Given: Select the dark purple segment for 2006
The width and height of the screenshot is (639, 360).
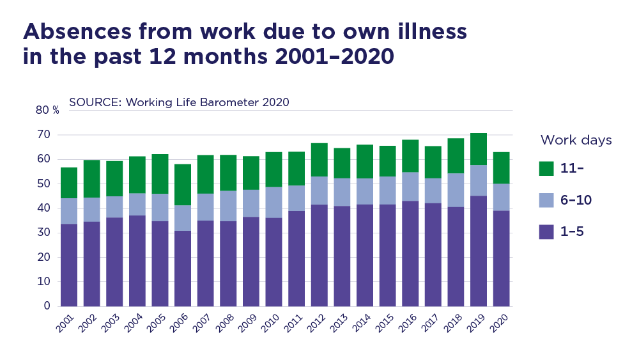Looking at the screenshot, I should [x=183, y=269].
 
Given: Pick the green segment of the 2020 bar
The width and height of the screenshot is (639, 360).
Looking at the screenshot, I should [x=502, y=168].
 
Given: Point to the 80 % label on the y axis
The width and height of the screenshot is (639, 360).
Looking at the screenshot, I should [x=47, y=110].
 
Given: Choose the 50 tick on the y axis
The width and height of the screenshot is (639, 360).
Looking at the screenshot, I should [x=43, y=184].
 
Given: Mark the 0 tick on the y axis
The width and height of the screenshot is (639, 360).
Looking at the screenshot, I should [x=47, y=306].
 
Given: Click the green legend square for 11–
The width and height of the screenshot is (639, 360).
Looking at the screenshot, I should [x=546, y=168].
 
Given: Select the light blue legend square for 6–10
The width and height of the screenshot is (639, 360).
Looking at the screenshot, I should [x=546, y=200].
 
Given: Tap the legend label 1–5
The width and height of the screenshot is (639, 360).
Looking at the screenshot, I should [x=573, y=231].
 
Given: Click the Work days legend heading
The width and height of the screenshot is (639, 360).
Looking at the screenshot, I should [x=576, y=140].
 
